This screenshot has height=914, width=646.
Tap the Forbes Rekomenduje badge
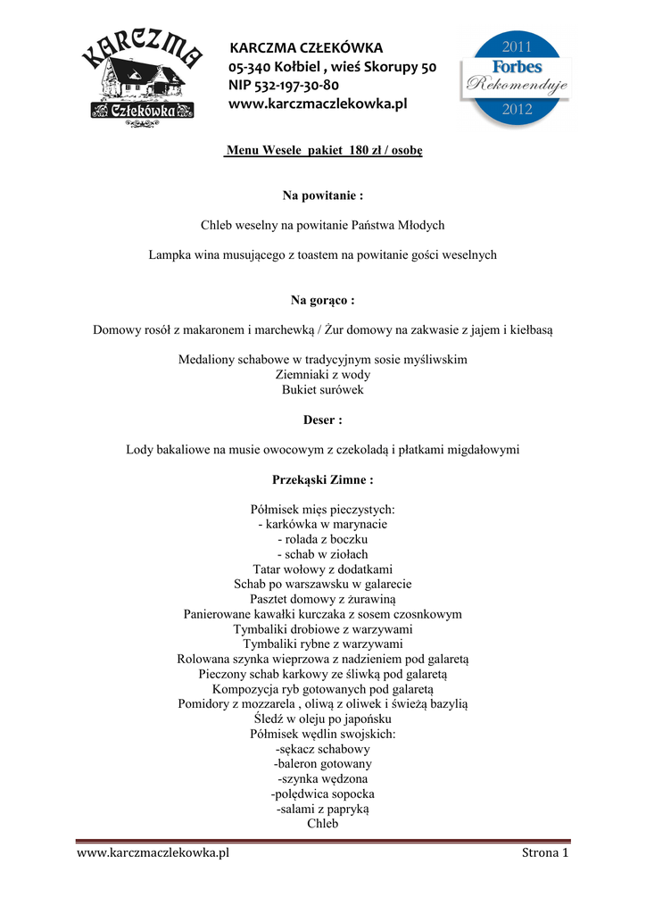coord(515,78)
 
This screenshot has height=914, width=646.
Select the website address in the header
coord(318,104)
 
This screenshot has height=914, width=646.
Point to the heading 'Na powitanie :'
coord(322,195)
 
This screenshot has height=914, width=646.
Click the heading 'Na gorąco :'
coord(322,300)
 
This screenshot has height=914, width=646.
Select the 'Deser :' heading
coord(322,420)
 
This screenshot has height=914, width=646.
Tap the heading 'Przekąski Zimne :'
coord(322,479)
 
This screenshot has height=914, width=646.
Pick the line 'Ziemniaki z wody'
coord(322,375)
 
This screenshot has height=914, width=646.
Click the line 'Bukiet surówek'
coord(322,390)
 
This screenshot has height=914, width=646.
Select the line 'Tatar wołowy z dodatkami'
coord(322,569)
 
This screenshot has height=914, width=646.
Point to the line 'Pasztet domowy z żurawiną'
coord(322,599)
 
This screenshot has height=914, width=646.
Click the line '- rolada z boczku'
coord(322,539)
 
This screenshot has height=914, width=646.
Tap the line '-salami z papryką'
coord(322,809)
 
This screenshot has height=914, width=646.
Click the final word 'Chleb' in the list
coord(322,824)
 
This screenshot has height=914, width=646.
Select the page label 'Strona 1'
coord(544,853)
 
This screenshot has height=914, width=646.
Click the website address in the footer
coord(153,853)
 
